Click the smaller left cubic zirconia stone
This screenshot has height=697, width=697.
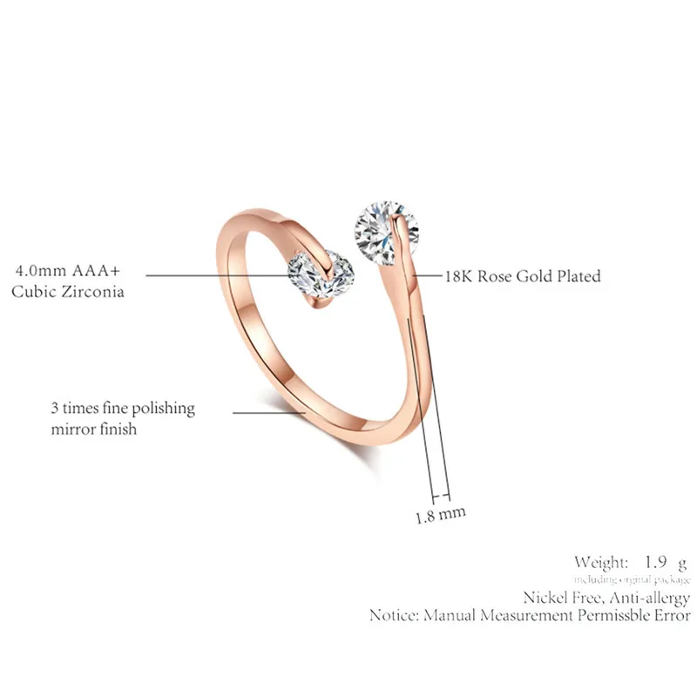[x=321, y=275]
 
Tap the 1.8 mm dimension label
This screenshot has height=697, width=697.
[x=440, y=514]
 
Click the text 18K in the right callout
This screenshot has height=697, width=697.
[x=462, y=277]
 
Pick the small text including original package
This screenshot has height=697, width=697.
[x=632, y=579]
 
